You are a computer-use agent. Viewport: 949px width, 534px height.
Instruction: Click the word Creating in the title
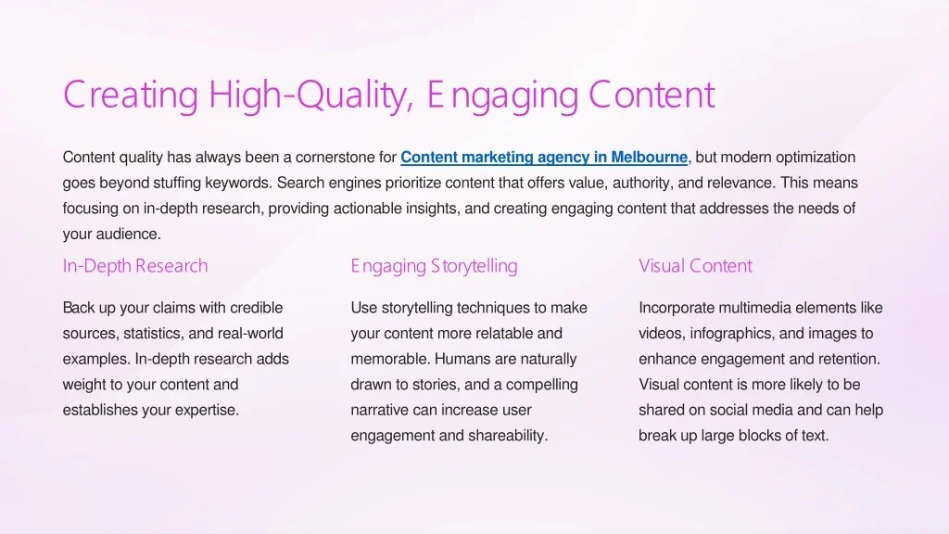[131, 95]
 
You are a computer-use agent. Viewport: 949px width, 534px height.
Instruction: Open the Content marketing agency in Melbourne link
[544, 158]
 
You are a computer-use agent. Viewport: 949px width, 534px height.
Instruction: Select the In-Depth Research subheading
[135, 266]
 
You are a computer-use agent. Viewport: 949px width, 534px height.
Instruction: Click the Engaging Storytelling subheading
[434, 266]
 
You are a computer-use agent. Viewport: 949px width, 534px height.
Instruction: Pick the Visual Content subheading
[695, 266]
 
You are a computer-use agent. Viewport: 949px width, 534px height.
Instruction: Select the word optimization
[816, 158]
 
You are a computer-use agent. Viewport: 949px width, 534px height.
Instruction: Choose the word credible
[257, 308]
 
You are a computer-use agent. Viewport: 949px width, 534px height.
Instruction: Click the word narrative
[379, 410]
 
